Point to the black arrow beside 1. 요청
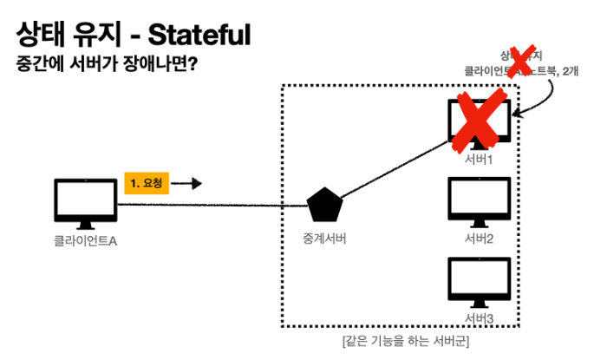[190, 183]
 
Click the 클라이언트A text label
[84, 239]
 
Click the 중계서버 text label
[323, 239]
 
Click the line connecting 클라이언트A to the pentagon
[208, 206]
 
